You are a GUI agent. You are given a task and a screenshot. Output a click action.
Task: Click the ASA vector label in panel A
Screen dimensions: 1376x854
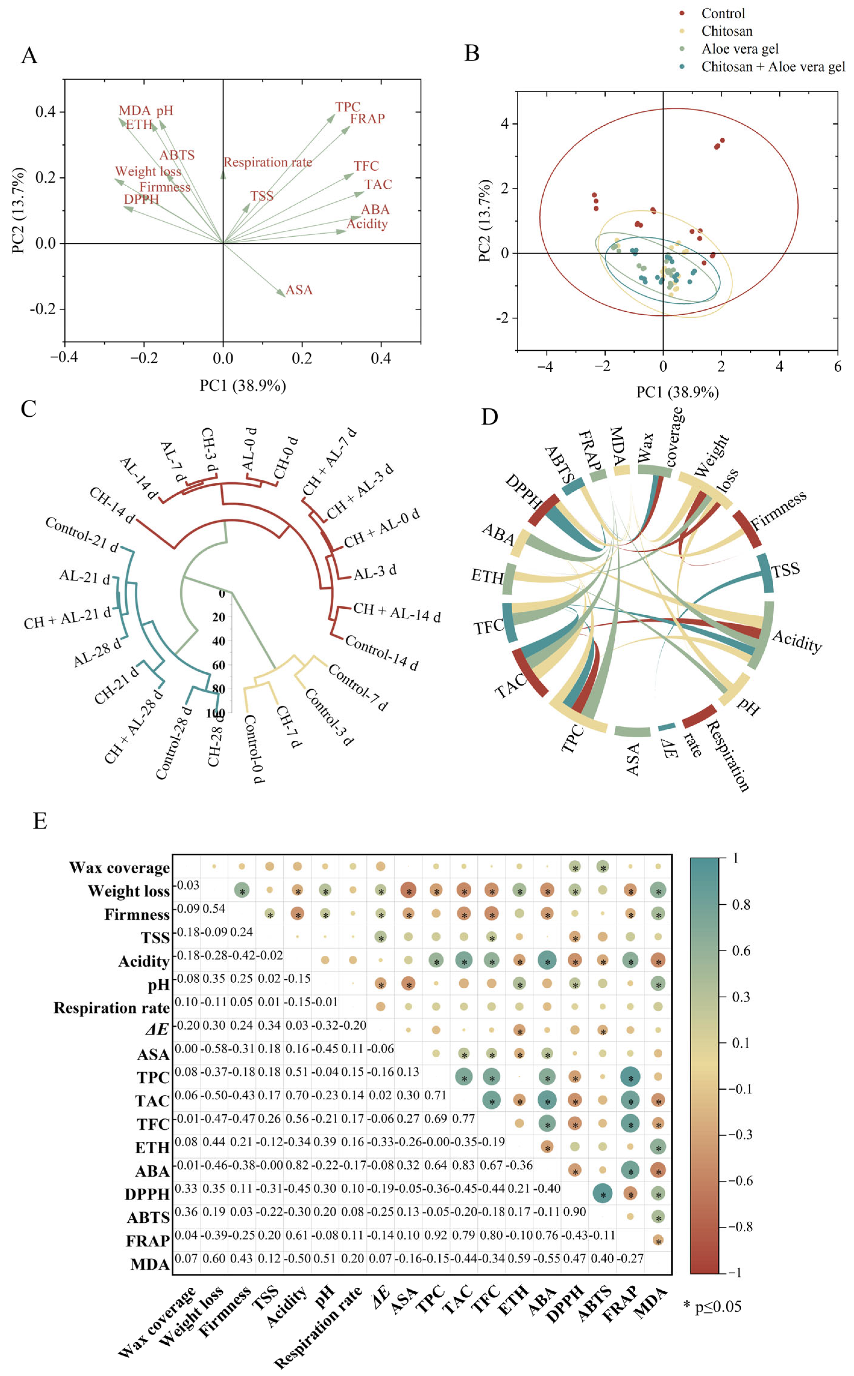pyautogui.click(x=299, y=290)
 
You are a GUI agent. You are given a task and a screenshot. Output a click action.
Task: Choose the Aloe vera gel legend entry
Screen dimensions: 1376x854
pyautogui.click(x=740, y=49)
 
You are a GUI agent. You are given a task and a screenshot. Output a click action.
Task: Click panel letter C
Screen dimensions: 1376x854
pyautogui.click(x=28, y=409)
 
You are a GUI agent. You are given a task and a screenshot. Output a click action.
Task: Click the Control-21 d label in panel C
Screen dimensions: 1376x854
pyautogui.click(x=82, y=534)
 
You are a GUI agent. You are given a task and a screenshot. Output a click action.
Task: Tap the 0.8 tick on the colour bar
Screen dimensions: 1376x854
pyautogui.click(x=741, y=905)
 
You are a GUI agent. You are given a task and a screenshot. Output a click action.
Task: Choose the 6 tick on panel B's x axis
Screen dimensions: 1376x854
pyautogui.click(x=838, y=366)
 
